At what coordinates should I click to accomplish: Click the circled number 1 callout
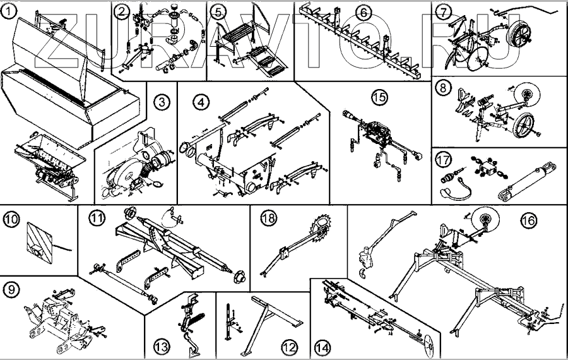[8, 10]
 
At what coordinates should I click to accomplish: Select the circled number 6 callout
[362, 11]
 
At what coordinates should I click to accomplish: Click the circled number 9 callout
[11, 290]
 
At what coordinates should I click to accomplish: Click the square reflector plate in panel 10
[37, 243]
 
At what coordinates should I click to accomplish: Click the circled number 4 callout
[200, 101]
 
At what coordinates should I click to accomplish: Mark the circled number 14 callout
[322, 346]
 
